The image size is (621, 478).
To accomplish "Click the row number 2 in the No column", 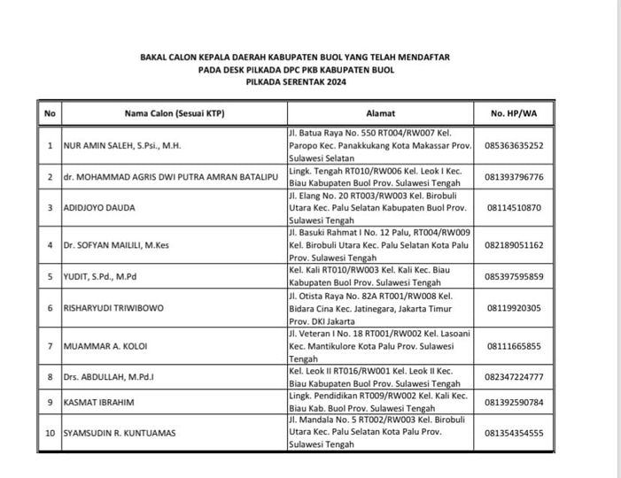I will click(x=50, y=177).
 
